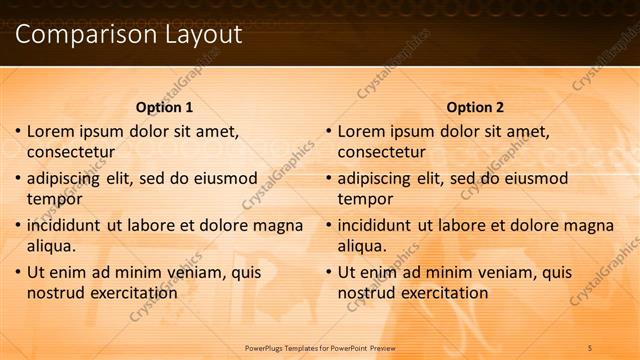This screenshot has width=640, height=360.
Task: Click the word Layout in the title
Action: (199, 34)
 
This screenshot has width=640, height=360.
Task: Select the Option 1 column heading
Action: (164, 107)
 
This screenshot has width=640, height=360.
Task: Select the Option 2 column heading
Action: (475, 107)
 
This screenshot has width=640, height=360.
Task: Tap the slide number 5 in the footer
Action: (590, 347)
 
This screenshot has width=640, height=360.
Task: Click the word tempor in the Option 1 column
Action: (55, 199)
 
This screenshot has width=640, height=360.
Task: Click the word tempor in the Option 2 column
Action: (366, 199)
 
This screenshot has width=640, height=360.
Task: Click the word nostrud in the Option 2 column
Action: (367, 293)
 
